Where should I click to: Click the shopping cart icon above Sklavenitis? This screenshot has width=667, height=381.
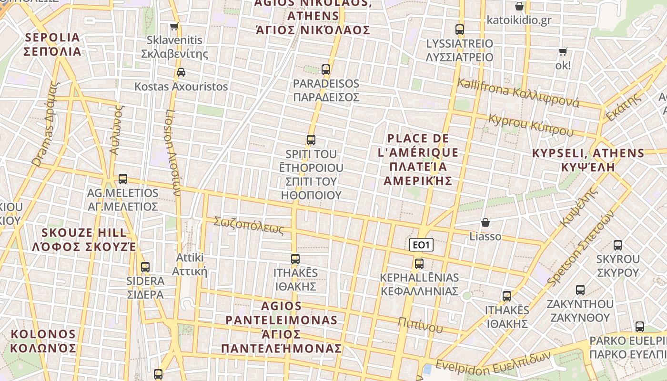(x=174, y=27)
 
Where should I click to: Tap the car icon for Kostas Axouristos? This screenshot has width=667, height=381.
(x=181, y=72)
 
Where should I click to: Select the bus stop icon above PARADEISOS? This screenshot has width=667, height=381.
(x=326, y=70)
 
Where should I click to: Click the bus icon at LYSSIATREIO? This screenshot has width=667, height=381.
(x=460, y=30)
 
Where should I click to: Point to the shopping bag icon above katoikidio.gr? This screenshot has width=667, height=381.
(x=519, y=7)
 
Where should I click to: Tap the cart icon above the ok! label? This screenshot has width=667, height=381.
(x=563, y=51)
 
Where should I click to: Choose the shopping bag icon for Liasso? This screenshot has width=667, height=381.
(x=485, y=222)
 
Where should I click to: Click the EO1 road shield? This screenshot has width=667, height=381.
(x=422, y=245)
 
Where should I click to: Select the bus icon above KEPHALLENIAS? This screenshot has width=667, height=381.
(x=419, y=263)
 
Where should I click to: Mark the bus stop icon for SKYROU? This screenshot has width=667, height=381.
(x=618, y=245)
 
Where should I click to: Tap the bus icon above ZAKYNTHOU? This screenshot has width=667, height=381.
(x=580, y=290)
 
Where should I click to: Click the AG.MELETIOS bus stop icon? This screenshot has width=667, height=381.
(x=123, y=179)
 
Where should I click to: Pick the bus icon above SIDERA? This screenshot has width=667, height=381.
(x=145, y=267)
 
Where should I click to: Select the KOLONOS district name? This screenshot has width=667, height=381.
(x=43, y=341)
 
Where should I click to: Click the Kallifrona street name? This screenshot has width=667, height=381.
(x=518, y=93)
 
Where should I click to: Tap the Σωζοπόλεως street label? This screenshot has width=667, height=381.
(x=249, y=225)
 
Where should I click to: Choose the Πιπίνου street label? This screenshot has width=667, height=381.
(x=421, y=324)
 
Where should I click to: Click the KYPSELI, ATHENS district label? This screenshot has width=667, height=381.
(x=588, y=160)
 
